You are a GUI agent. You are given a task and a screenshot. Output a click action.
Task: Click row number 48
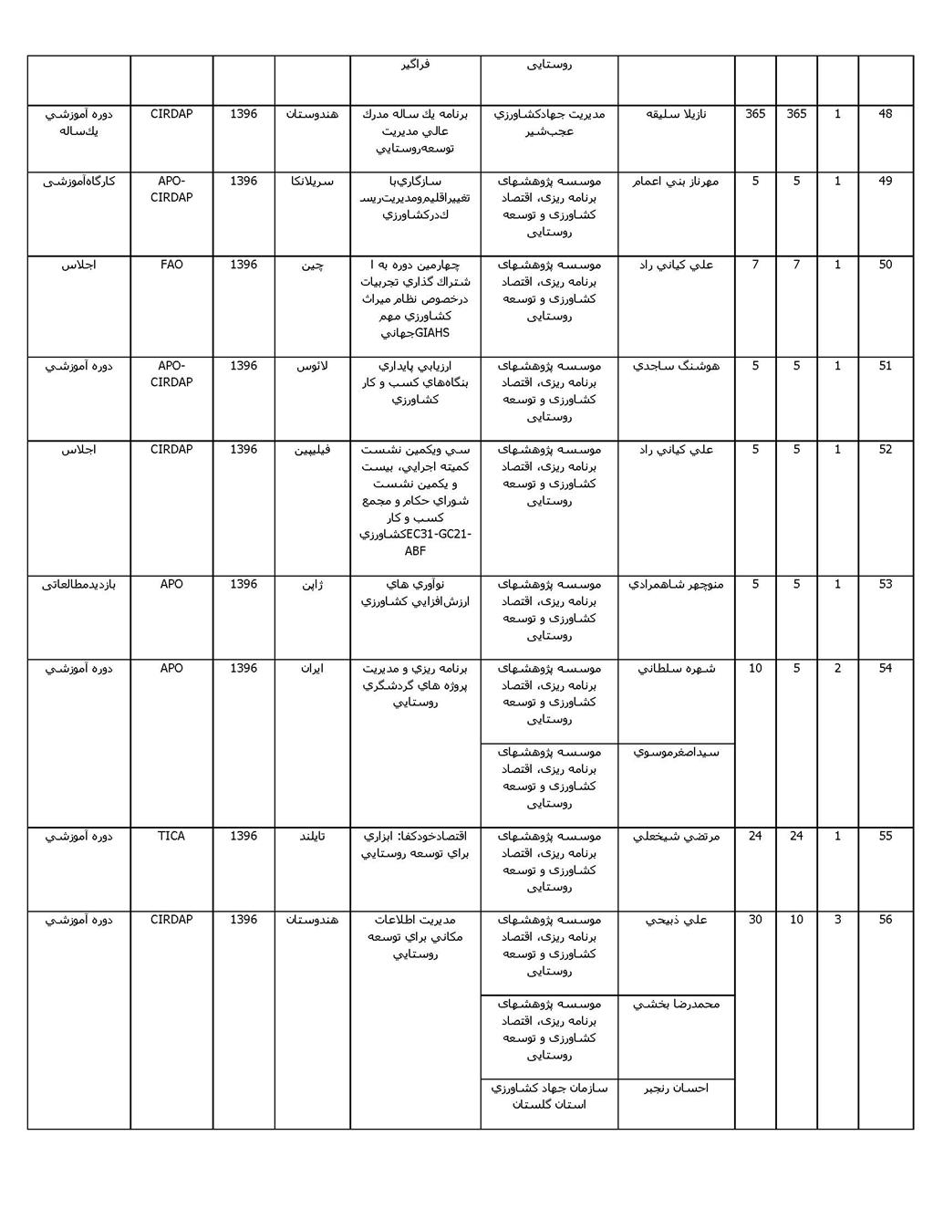click(885, 114)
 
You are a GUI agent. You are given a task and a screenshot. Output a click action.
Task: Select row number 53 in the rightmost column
click(885, 584)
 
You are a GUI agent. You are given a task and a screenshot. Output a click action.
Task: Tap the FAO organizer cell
click(171, 265)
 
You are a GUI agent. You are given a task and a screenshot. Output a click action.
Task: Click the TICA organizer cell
click(171, 836)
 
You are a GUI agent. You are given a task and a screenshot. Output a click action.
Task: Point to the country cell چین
click(312, 266)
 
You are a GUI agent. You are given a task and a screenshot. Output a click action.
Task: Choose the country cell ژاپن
click(312, 584)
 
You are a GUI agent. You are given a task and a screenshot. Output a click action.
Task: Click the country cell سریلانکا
click(312, 182)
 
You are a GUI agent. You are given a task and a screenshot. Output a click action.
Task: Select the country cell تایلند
click(312, 836)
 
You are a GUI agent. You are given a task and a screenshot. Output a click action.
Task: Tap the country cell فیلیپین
click(312, 450)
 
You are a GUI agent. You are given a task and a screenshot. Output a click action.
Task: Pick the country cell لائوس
click(312, 366)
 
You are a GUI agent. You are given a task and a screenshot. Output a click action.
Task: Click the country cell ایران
click(312, 668)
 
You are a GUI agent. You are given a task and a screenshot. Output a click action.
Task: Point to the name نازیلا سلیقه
click(676, 114)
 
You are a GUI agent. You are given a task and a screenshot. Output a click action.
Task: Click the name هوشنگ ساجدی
click(676, 366)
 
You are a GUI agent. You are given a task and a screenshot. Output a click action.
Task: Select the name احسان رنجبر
click(676, 1088)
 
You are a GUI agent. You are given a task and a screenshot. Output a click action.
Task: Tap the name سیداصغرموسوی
click(676, 753)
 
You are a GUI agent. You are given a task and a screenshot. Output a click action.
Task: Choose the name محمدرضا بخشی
click(676, 1004)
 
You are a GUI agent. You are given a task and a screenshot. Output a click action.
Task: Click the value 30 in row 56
click(755, 920)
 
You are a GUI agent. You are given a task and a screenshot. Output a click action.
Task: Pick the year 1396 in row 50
click(244, 265)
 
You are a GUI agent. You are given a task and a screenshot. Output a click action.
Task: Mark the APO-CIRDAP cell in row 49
click(171, 189)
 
